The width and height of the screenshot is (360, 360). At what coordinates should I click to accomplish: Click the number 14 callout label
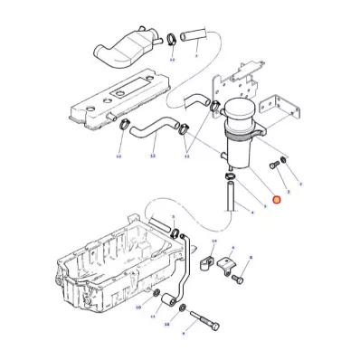tap(213, 242)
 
